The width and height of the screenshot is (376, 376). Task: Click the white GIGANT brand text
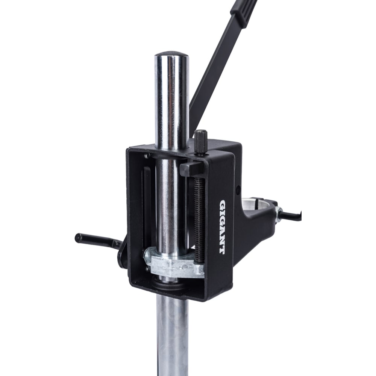point(223,227)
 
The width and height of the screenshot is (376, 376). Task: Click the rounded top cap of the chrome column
point(171,55)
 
